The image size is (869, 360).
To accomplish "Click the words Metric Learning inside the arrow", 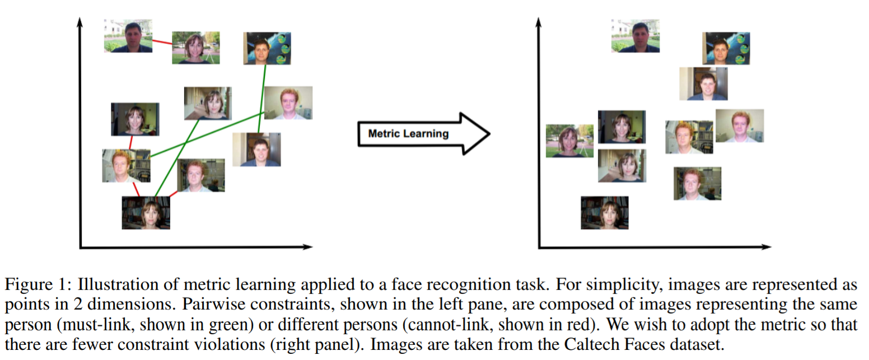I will (x=408, y=134).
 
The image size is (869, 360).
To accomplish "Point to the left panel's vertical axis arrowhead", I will (x=81, y=22).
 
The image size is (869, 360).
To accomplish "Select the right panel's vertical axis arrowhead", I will (x=538, y=22).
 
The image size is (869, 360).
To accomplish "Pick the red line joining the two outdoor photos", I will (x=161, y=43).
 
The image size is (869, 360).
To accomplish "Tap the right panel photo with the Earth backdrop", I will (x=726, y=48).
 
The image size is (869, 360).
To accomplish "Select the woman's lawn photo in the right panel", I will (x=569, y=141).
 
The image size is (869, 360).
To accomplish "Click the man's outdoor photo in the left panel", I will (x=128, y=36).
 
